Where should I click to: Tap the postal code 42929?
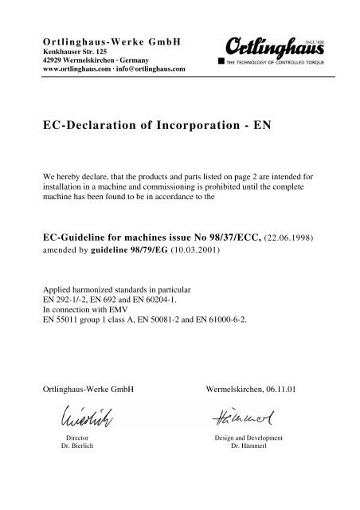pos(53,60)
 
